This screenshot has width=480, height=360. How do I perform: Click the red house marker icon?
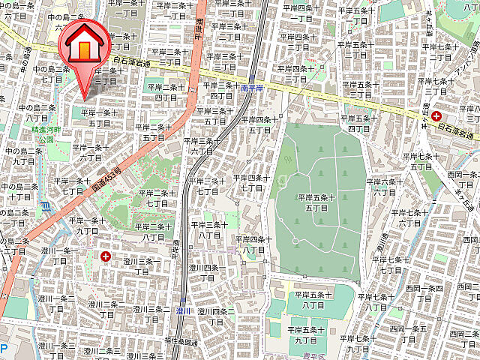coord(84,46)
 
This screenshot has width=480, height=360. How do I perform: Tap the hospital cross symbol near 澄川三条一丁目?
coord(104,256)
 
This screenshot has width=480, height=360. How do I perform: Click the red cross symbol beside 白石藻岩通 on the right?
coord(436,115)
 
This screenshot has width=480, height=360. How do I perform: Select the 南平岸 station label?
coord(253,88)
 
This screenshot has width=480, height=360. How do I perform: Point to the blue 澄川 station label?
coord(184,309)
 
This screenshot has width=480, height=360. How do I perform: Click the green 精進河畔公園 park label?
coord(43,133)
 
